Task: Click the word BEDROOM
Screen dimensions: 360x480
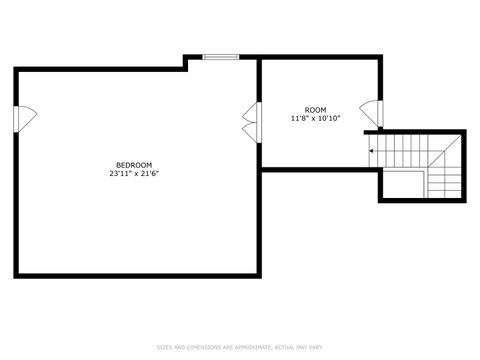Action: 134,165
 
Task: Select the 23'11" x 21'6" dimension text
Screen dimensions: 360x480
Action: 134,174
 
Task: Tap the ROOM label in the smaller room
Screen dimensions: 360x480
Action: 315,110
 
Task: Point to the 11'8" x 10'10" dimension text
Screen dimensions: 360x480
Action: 315,119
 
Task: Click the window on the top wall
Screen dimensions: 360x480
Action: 220,57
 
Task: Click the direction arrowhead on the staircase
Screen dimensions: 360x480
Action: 372,151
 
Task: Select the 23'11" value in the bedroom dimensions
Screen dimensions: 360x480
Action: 120,174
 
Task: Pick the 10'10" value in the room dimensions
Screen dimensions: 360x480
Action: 329,119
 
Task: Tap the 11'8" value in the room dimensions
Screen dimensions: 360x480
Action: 300,119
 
